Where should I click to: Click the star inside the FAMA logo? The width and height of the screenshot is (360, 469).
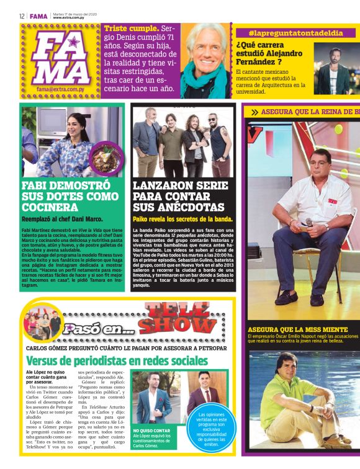click(x=74, y=43)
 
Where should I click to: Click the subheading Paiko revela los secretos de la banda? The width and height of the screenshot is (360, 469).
click(x=182, y=219)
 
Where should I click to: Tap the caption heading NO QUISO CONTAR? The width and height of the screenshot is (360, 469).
click(x=151, y=430)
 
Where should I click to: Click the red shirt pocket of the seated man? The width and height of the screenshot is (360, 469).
click(x=331, y=202)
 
